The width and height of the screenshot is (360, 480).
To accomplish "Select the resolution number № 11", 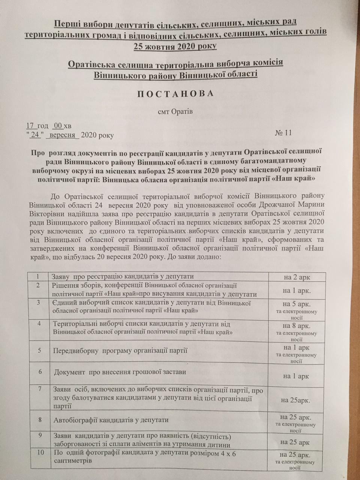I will (x=283, y=133).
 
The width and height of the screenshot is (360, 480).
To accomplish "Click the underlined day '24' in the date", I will (x=36, y=135).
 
